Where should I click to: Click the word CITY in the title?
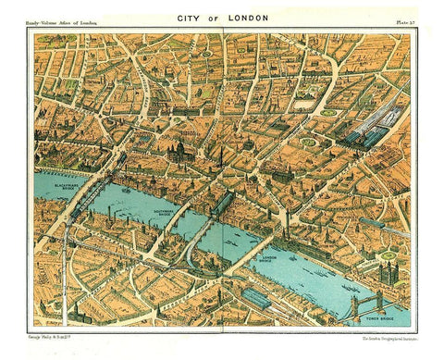tap(190, 19)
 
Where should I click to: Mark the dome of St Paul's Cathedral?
tap(178, 148)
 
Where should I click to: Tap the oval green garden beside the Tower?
tap(388, 254)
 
